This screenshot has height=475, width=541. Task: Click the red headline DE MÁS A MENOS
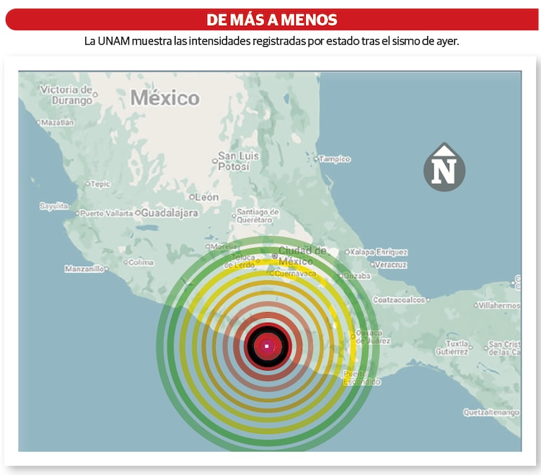point(271,19)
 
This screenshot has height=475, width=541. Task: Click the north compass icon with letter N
point(444,167)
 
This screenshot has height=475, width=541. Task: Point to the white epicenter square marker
point(267,346)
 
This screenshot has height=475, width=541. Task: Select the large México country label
point(164,98)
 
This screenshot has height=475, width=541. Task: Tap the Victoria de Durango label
point(66,95)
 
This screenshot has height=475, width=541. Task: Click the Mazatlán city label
point(57,123)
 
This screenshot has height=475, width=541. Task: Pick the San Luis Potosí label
point(238,161)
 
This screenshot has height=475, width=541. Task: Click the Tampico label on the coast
point(334,159)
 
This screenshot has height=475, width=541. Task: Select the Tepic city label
point(100,184)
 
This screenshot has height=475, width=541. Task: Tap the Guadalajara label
point(169,213)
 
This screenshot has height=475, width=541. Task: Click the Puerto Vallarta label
point(106,213)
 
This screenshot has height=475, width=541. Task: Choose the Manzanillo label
point(84,269)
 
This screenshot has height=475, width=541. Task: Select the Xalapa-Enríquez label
point(379,252)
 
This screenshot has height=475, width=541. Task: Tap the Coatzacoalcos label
point(400,299)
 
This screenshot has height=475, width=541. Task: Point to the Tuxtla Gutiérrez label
point(456,347)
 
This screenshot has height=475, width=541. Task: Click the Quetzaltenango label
point(491,412)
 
